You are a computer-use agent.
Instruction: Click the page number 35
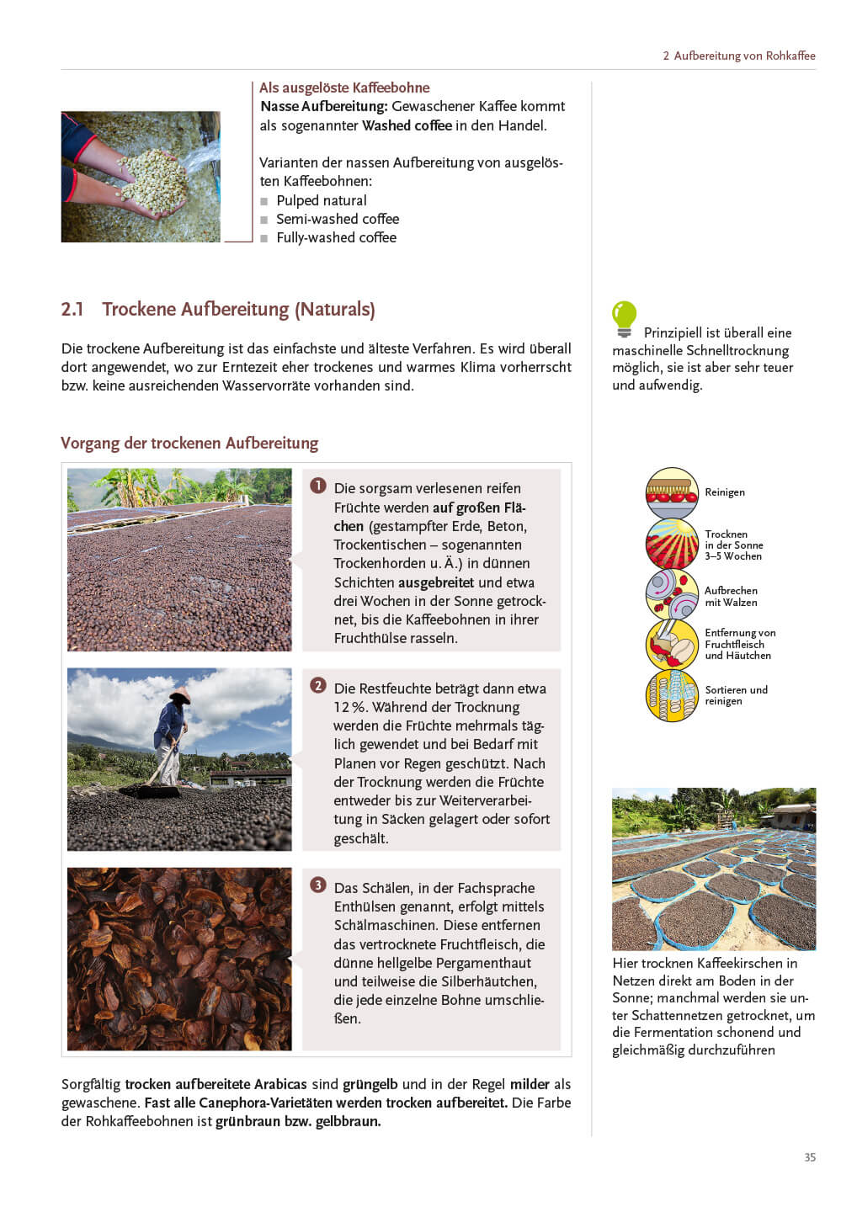tap(810, 1157)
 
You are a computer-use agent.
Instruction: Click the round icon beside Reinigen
tap(672, 493)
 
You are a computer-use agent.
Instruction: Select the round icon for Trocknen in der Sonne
tap(672, 545)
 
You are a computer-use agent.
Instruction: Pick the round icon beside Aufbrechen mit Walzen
tap(672, 595)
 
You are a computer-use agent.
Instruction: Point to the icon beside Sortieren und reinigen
tap(672, 695)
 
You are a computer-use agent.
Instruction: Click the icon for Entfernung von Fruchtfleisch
tap(672, 645)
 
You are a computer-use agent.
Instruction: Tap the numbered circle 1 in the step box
tap(318, 486)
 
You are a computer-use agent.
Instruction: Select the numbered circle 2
tap(318, 686)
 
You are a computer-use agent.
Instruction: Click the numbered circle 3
tap(318, 885)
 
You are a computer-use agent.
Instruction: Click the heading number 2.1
tap(72, 310)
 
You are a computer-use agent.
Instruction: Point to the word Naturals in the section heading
tap(334, 310)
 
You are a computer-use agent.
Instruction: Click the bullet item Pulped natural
tap(321, 200)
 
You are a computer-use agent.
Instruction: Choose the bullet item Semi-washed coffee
tap(337, 219)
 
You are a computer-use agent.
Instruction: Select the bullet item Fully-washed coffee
tap(336, 237)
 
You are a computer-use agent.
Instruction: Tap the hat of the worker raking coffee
tap(179, 694)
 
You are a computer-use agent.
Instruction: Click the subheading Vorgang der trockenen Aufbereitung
tap(189, 444)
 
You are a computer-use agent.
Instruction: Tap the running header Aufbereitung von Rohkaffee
tap(744, 56)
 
